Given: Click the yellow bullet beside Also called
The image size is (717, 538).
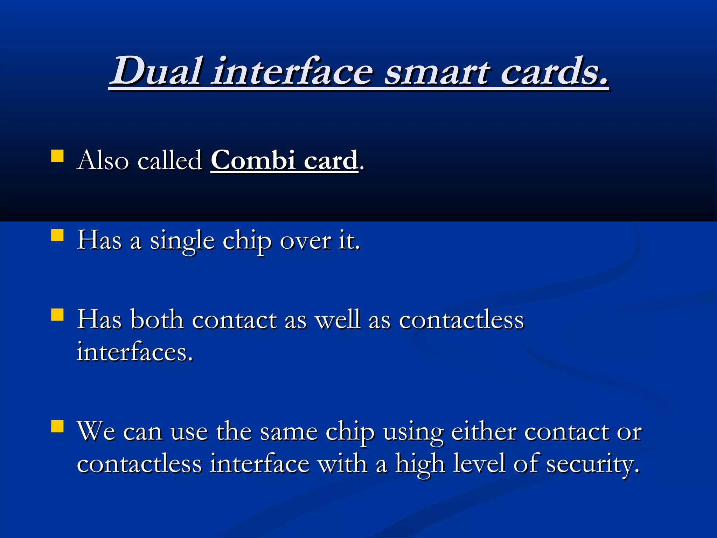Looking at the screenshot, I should point(57,156).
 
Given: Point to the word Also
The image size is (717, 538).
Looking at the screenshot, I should point(103,161).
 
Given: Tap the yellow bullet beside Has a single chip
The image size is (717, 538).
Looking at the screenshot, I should point(57,235).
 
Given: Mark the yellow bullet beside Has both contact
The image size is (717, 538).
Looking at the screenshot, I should point(57,315).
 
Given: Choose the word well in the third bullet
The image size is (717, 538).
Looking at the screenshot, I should point(338,320).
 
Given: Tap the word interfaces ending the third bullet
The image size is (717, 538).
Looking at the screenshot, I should point(134,352).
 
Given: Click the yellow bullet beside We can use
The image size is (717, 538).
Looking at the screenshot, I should point(57,427).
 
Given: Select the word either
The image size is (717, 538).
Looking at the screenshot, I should point(484,432).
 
